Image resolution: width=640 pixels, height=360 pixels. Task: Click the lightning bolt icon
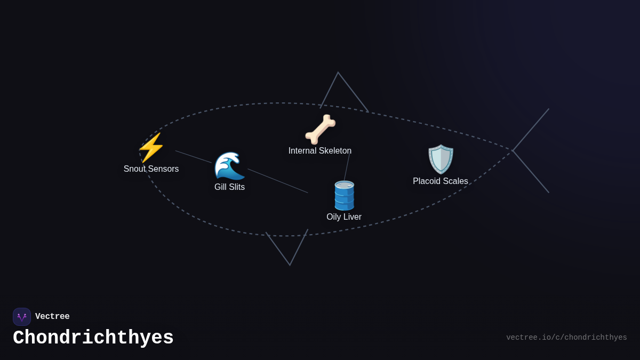click(x=151, y=148)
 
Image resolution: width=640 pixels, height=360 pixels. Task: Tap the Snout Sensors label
click(x=151, y=169)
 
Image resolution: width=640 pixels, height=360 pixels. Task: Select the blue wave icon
click(x=229, y=166)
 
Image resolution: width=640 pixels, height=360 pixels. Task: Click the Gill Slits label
click(x=229, y=187)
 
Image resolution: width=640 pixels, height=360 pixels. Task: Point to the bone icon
click(x=320, y=130)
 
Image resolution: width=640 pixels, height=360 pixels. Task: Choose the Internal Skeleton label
click(x=320, y=151)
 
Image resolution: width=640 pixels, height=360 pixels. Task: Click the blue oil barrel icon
click(x=344, y=196)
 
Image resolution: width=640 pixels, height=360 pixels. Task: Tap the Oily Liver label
click(x=344, y=217)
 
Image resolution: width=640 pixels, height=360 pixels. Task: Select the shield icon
click(x=441, y=159)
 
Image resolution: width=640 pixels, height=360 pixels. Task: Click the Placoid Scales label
click(x=441, y=181)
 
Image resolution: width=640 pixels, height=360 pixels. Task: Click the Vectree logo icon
click(x=22, y=317)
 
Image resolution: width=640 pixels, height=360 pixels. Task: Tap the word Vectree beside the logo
click(x=52, y=317)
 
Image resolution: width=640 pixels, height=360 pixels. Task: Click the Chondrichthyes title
click(x=93, y=338)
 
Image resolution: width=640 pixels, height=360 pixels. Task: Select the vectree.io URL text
click(x=566, y=338)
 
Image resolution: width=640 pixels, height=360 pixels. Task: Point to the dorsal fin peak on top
click(x=338, y=73)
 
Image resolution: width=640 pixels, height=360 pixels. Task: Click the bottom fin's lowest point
click(x=290, y=265)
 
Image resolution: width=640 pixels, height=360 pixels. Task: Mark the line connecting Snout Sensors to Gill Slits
click(x=194, y=157)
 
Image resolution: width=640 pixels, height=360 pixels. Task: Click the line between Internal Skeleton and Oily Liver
click(x=347, y=167)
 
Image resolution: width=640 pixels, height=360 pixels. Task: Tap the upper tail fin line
click(x=531, y=130)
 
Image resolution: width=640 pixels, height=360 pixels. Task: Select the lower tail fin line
click(x=531, y=172)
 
